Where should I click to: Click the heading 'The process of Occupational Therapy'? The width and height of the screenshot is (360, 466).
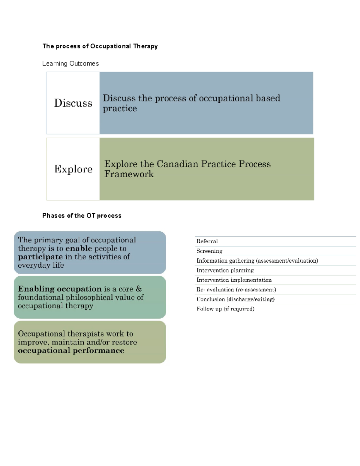point(100,46)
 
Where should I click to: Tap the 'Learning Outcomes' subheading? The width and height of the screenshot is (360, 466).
point(70,64)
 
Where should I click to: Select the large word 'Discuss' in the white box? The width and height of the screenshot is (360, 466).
point(73,103)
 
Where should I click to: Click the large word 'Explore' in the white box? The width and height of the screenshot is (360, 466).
point(73,169)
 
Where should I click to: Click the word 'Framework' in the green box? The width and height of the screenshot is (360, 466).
point(129,174)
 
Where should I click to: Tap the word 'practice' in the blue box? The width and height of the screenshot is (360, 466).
point(120,108)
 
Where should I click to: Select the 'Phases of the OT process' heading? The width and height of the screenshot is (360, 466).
point(82,216)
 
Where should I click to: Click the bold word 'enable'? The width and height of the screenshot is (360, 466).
point(79,248)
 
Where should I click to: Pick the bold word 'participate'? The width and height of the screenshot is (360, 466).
point(40,257)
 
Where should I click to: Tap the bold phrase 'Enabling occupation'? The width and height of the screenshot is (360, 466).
point(60,289)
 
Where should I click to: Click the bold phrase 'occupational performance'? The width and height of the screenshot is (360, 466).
point(71,351)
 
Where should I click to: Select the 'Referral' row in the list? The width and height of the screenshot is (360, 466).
point(207,241)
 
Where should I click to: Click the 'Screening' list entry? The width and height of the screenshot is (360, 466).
point(209,251)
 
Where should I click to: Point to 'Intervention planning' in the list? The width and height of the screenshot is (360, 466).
point(225,270)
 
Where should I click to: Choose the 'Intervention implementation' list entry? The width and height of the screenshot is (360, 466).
point(234,280)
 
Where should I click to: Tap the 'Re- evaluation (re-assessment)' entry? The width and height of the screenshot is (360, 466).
point(236,290)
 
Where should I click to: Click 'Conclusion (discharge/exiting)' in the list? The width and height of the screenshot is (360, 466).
point(235,299)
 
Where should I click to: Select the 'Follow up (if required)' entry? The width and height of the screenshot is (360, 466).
point(225,309)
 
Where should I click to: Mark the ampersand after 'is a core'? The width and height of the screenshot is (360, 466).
point(139,289)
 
